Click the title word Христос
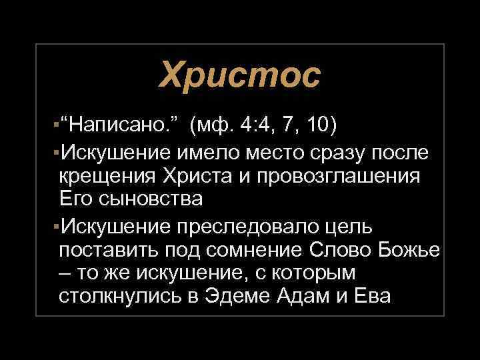click(x=239, y=75)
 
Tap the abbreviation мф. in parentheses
click(x=218, y=125)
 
